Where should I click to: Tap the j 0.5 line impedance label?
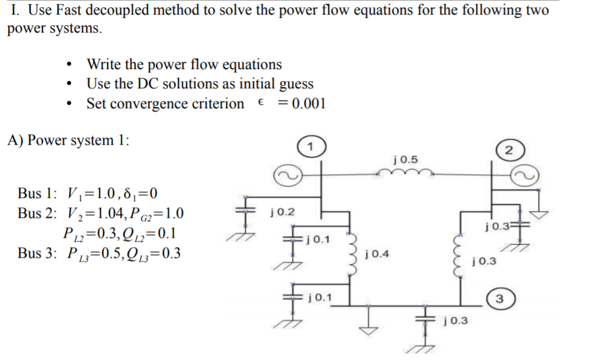pyautogui.click(x=406, y=159)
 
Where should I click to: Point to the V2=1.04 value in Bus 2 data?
pyautogui.click(x=93, y=214)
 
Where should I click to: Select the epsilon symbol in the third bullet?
pyautogui.click(x=261, y=104)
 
